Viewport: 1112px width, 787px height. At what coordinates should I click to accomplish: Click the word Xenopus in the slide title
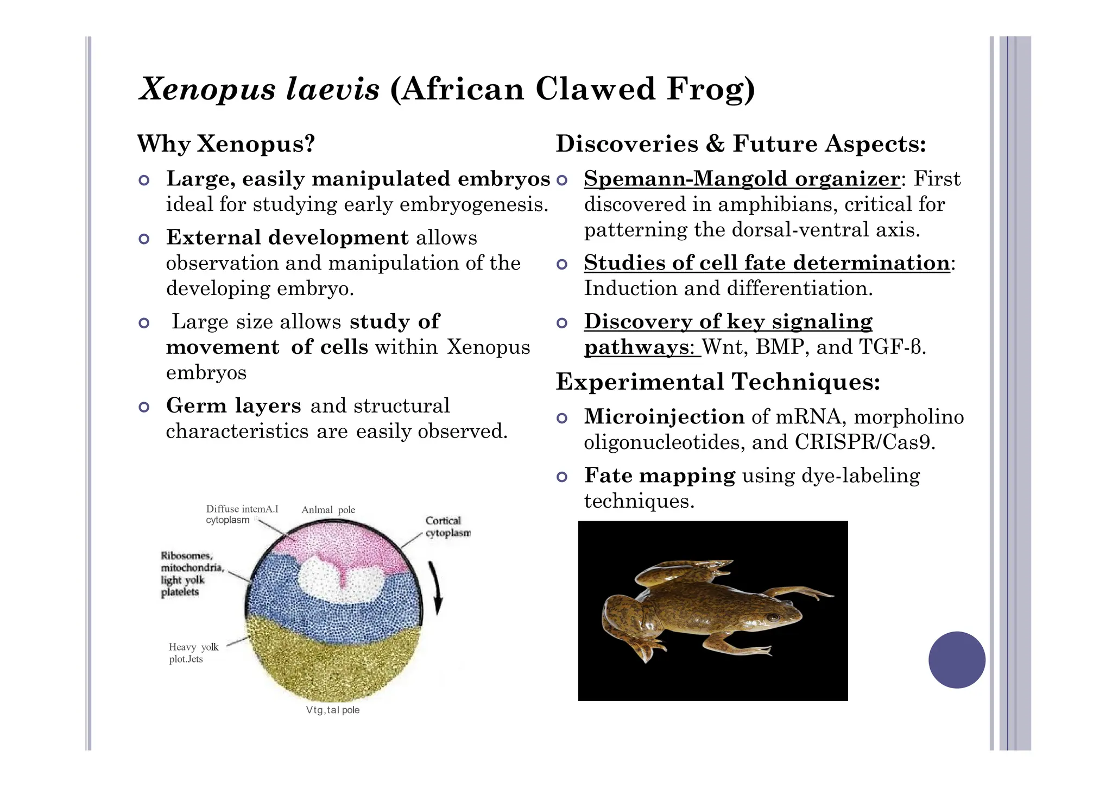(206, 89)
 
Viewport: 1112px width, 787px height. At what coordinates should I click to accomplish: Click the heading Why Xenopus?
(226, 144)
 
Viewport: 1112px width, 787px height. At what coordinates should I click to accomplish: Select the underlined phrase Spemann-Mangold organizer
(742, 179)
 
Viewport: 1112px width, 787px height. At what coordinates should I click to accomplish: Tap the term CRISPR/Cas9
(865, 442)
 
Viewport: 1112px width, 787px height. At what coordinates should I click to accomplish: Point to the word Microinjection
(664, 417)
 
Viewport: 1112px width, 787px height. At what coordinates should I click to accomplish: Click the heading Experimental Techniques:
(718, 382)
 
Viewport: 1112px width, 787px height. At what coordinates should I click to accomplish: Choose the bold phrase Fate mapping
(660, 476)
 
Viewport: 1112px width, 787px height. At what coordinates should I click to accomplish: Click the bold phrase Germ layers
(233, 406)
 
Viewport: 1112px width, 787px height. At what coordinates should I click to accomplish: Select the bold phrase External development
(287, 238)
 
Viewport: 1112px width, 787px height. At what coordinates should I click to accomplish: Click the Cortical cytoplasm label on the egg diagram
(447, 527)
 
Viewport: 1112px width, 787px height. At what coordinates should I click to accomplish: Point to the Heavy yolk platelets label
(193, 653)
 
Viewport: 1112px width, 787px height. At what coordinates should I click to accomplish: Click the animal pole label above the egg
(328, 510)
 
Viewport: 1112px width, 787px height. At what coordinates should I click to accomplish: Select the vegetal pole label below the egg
(332, 710)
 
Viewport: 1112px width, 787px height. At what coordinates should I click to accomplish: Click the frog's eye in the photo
(772, 617)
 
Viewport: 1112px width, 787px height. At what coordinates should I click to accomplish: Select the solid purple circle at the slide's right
(957, 660)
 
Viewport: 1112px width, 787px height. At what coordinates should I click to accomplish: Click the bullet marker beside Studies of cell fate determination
(562, 265)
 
